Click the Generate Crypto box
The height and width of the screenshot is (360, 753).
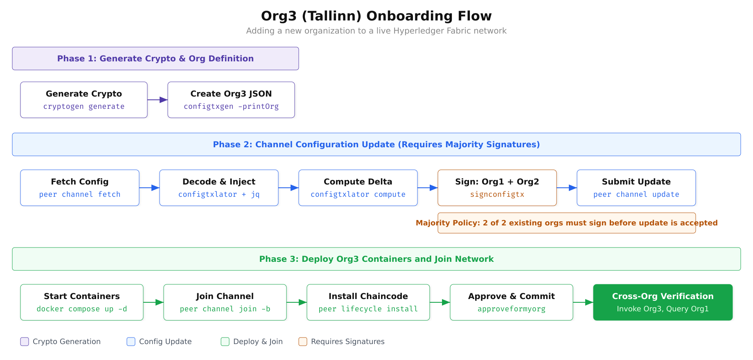(84, 100)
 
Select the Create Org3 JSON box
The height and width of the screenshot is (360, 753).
(231, 100)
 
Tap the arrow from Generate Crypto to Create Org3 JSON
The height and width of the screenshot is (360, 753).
(158, 100)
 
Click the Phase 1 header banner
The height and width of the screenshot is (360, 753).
(156, 59)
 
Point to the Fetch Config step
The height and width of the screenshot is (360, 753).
(80, 188)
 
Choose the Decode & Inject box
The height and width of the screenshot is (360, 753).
(219, 188)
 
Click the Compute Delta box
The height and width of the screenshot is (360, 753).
(358, 188)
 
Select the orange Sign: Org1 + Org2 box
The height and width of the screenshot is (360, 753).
(497, 188)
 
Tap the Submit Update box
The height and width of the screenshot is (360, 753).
(636, 188)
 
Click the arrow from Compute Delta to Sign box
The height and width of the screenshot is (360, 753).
(428, 188)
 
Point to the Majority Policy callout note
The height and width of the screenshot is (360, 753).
(567, 223)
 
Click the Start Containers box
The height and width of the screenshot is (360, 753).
(82, 302)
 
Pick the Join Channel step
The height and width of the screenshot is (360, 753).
(225, 302)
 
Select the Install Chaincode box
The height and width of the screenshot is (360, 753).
(368, 302)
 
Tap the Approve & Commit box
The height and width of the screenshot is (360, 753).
(512, 302)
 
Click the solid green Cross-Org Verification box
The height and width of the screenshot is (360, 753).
(663, 302)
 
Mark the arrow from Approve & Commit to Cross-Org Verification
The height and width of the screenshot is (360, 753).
(583, 302)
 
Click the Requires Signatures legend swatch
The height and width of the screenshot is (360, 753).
(303, 342)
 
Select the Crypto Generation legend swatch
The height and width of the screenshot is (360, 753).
(25, 342)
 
